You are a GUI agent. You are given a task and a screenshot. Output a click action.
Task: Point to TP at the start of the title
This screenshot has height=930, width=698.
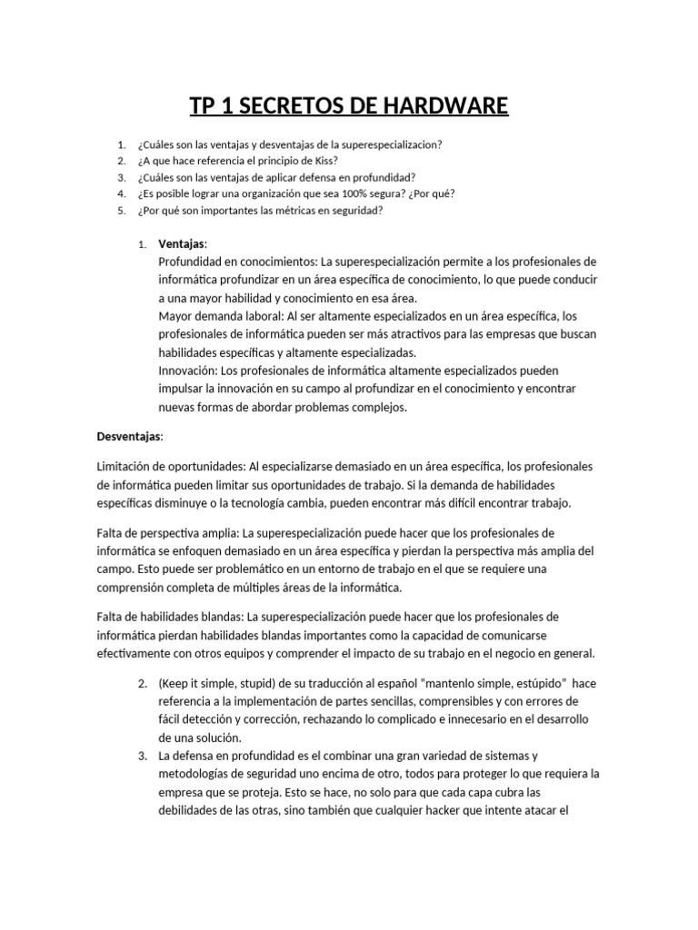pos(204,107)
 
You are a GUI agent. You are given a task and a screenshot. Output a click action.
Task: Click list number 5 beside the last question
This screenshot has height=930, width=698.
pos(121,210)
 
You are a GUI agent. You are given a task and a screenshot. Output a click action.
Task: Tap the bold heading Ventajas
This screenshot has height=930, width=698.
pos(182,244)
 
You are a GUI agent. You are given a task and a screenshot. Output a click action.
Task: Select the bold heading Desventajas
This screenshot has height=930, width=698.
pos(129,437)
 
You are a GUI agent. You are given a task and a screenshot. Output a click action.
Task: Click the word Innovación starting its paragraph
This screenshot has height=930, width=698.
pos(188,371)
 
